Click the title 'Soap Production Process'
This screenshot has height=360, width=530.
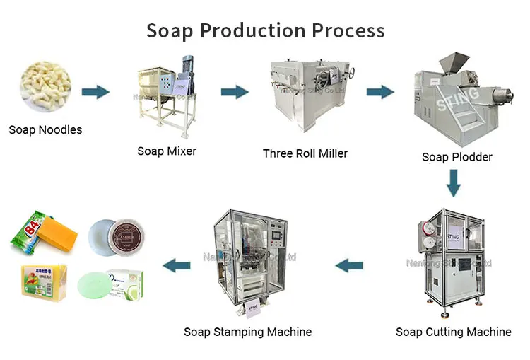point(265,30)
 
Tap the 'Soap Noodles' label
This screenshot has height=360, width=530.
point(45,129)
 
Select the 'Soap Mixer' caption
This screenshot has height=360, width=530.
point(167,151)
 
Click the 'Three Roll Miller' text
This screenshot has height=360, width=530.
point(305,153)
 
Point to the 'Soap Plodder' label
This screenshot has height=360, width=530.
point(457,157)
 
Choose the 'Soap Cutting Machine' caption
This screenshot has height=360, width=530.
point(453,332)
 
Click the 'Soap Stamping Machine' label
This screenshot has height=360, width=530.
point(247,332)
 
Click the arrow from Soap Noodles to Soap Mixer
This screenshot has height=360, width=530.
point(95,92)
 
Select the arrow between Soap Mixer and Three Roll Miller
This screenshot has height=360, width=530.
point(235,92)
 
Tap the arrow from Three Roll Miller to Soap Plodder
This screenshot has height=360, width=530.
point(379,92)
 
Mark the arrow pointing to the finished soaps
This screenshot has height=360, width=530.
point(177,266)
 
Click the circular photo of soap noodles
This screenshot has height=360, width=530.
point(46,86)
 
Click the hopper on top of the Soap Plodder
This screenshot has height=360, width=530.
point(454,64)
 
